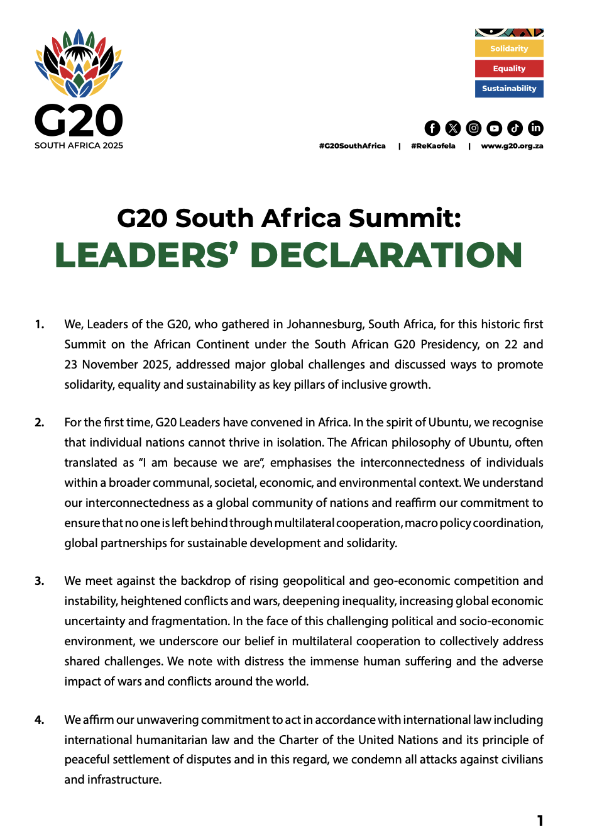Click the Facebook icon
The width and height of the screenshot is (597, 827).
click(432, 128)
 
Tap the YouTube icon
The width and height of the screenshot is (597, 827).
click(495, 128)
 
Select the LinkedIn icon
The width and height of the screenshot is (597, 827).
click(535, 128)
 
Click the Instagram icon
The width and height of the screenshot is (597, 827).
click(474, 128)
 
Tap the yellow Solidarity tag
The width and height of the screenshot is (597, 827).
click(509, 48)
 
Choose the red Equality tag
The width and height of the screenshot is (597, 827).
click(509, 69)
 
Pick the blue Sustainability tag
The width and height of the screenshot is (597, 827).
click(509, 89)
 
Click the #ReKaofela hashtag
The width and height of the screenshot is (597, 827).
click(433, 146)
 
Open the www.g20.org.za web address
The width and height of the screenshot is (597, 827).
click(512, 146)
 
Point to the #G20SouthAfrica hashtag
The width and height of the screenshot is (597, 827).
click(352, 146)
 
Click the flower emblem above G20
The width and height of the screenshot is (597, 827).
click(79, 63)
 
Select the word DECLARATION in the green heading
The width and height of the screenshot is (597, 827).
click(386, 255)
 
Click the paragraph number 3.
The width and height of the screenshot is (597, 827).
click(39, 581)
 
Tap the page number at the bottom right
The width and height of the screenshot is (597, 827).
click(540, 819)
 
